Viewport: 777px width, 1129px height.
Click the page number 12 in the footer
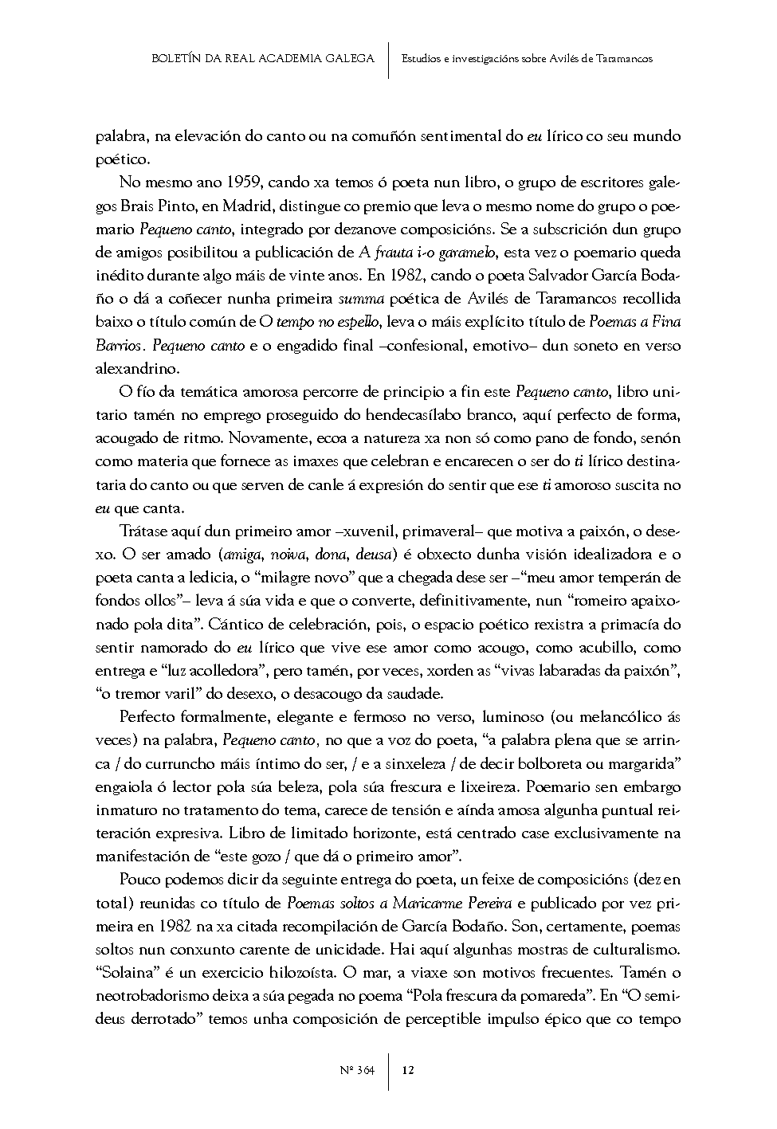click(408, 1070)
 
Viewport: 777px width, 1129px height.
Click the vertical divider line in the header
click(388, 60)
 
